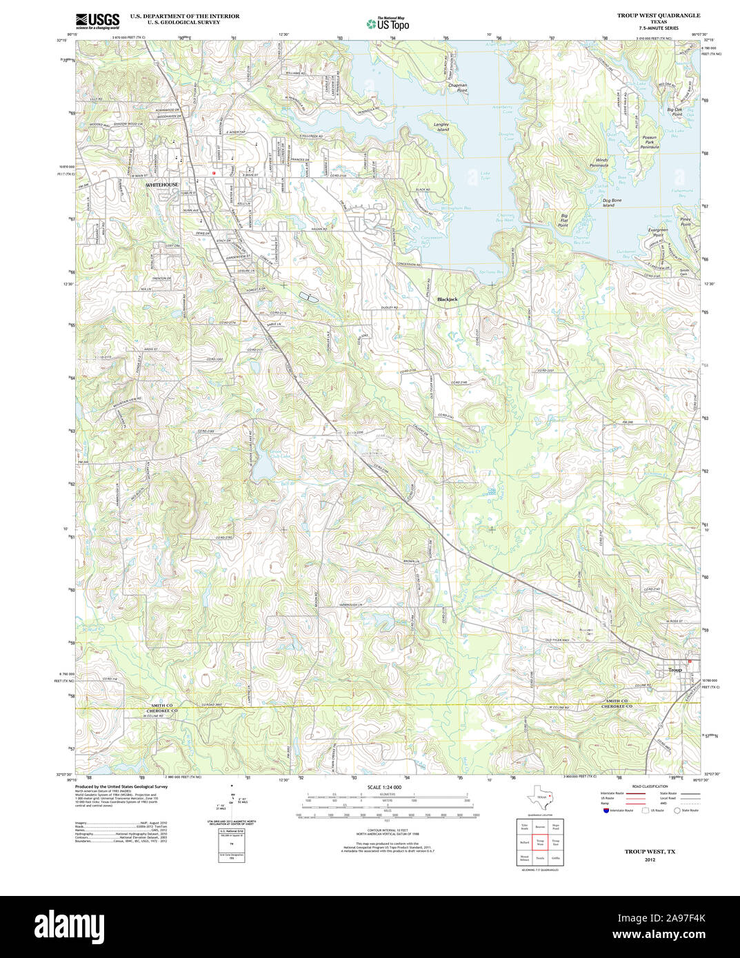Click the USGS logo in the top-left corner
point(97,21)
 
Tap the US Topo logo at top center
point(388,23)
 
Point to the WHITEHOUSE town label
point(161,185)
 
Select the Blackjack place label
point(447,299)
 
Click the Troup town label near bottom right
point(674,670)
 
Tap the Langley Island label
point(441,127)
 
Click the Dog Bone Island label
point(608,202)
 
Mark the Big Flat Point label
point(563,221)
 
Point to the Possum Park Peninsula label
point(648,141)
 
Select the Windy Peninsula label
point(601,163)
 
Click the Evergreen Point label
point(658,232)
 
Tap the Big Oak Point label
point(674,112)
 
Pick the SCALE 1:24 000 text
point(384,787)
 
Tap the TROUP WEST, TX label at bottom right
point(650,852)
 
